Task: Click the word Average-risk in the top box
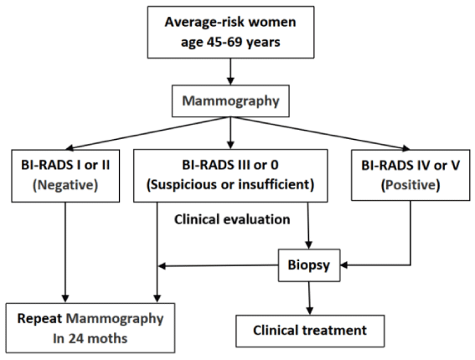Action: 203,23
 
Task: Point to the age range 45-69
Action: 225,42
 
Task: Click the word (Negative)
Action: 65,185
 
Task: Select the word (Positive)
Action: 410,185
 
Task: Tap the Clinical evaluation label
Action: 232,219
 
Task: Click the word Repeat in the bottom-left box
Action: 39,319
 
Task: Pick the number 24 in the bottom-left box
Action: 76,338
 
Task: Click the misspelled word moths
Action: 107,338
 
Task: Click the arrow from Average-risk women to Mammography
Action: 230,71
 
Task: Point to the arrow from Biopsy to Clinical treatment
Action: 309,298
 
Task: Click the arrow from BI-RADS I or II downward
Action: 65,252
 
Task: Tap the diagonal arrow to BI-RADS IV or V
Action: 320,133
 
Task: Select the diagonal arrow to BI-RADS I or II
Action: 147,133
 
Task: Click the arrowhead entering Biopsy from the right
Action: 344,265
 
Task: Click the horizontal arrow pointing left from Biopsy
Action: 219,266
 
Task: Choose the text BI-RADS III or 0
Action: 230,165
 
